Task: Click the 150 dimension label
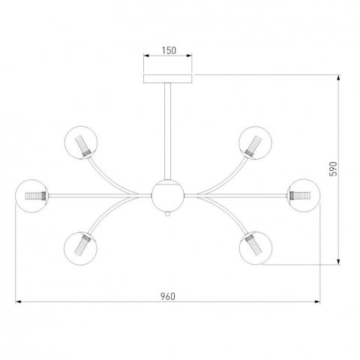[x=169, y=50]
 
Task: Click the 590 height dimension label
[x=333, y=169]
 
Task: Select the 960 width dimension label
[x=168, y=297]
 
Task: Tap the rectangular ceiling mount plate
[x=168, y=79]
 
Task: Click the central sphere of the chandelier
[x=168, y=196]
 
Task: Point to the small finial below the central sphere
[x=168, y=214]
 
